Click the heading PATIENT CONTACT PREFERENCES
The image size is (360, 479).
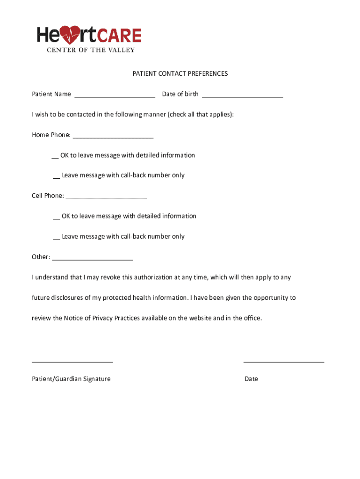(180, 73)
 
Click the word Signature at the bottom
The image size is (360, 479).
(97, 379)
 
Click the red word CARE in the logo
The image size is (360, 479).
(118, 36)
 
